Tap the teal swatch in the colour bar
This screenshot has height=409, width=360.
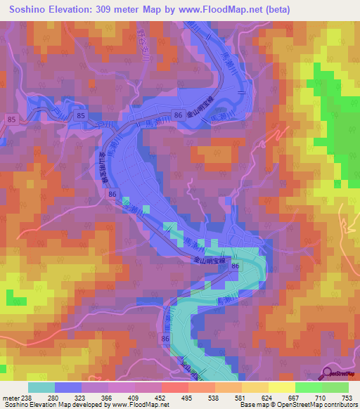[x=41, y=388]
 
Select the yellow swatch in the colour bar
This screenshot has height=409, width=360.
[x=281, y=388]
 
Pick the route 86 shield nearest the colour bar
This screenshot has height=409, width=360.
[x=165, y=340]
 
